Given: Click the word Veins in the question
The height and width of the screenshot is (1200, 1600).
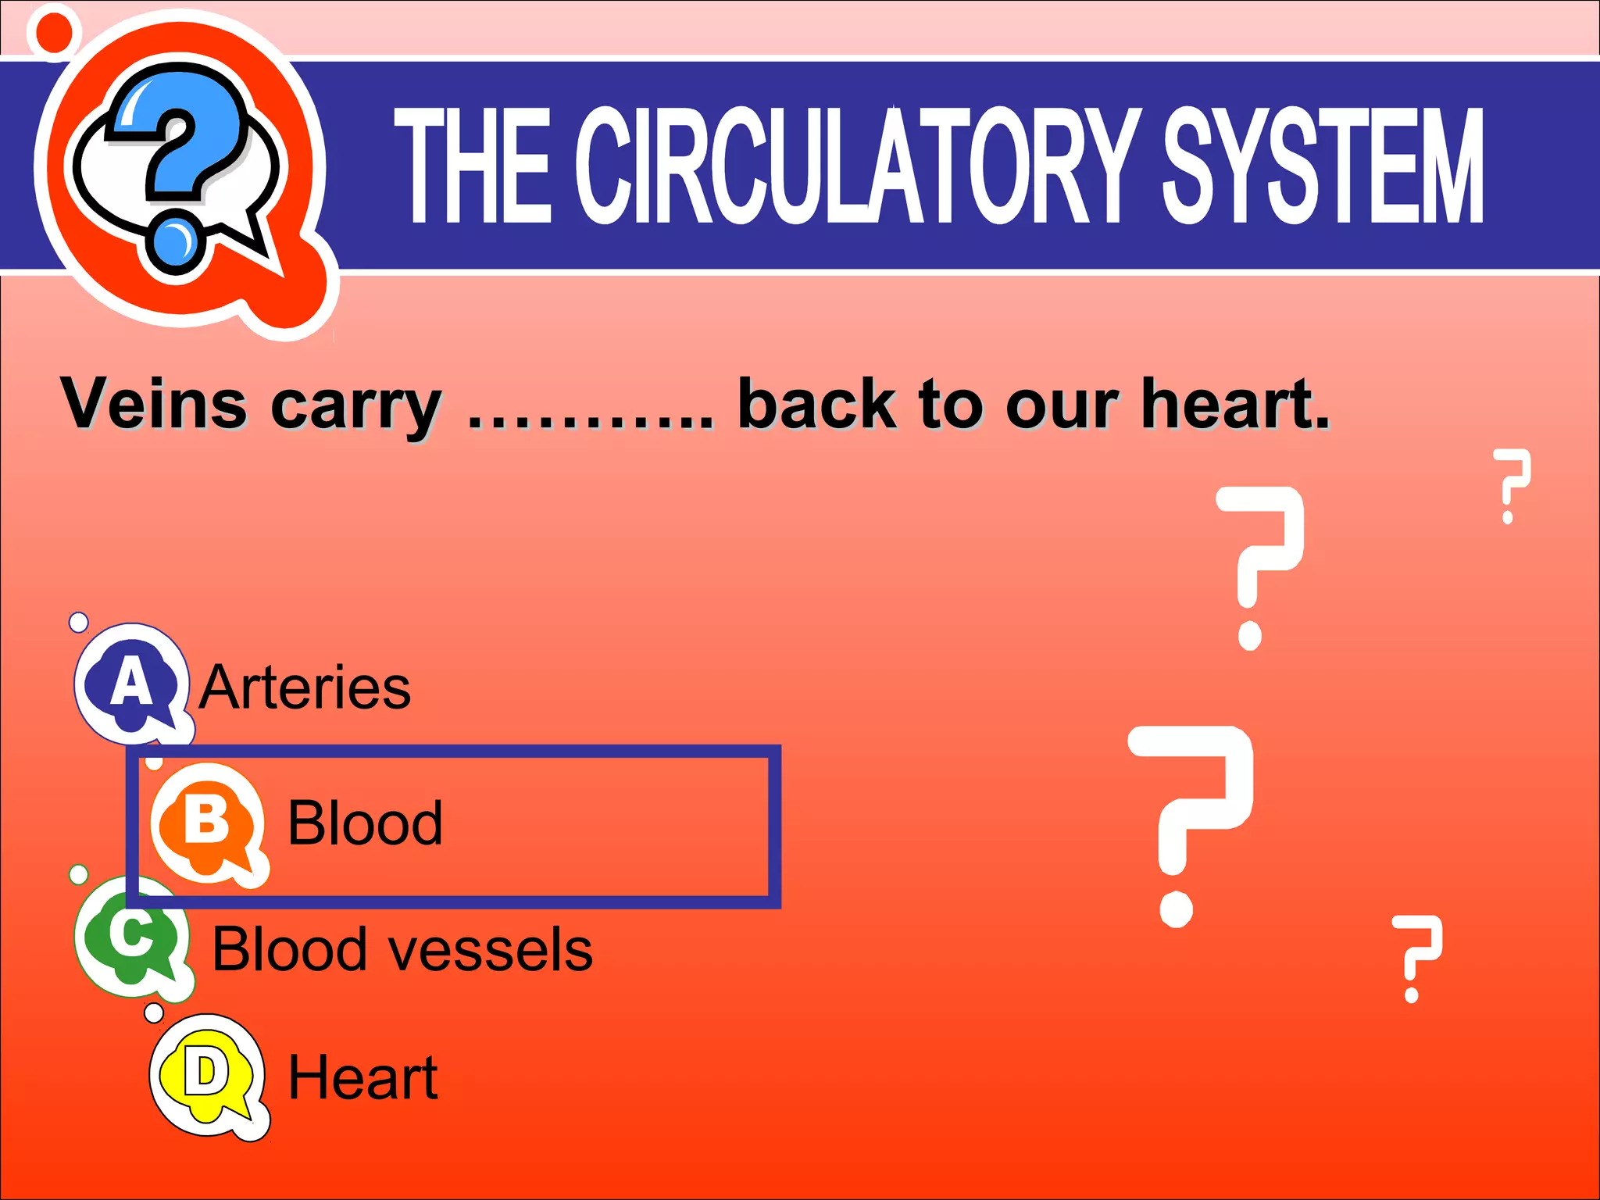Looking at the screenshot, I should coord(154,404).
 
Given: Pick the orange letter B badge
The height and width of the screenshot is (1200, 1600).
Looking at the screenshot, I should coord(206,822).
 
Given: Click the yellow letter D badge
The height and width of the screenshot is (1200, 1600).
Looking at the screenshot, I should coord(206,1075).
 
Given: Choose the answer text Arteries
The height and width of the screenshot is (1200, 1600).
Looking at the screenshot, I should coord(305,687).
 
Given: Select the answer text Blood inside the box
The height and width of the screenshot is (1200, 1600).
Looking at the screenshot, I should coord(365,823).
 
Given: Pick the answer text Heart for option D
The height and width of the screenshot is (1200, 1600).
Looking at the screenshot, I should coord(363,1077).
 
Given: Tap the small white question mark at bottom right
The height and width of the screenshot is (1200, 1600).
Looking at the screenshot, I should coord(1416,957).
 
